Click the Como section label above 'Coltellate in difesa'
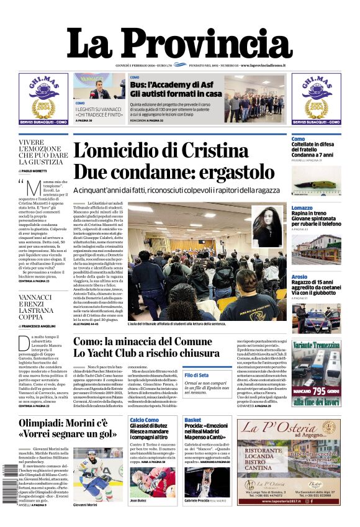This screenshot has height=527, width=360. point(298,138)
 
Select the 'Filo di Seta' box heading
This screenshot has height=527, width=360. point(197,375)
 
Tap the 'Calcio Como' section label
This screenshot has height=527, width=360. point(145,420)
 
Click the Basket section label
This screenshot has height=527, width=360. point(192,420)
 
